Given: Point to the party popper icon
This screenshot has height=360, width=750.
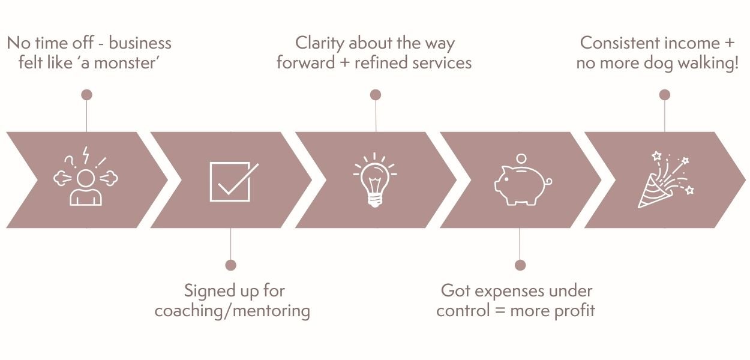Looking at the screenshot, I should (x=664, y=180).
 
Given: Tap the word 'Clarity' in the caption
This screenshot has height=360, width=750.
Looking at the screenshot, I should (x=320, y=43).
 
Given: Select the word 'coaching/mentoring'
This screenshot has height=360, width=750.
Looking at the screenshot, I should (x=232, y=311).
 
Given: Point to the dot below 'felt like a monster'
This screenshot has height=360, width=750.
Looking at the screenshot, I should (x=87, y=95).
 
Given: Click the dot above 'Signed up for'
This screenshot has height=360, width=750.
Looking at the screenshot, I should (x=230, y=265).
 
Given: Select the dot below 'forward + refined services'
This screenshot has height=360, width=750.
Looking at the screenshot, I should (x=376, y=95).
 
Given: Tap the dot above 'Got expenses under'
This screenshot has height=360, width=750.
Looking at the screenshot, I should (x=520, y=265).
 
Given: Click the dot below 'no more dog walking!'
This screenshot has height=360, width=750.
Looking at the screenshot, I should (x=664, y=95).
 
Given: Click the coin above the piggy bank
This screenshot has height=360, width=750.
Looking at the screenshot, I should (x=521, y=158).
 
